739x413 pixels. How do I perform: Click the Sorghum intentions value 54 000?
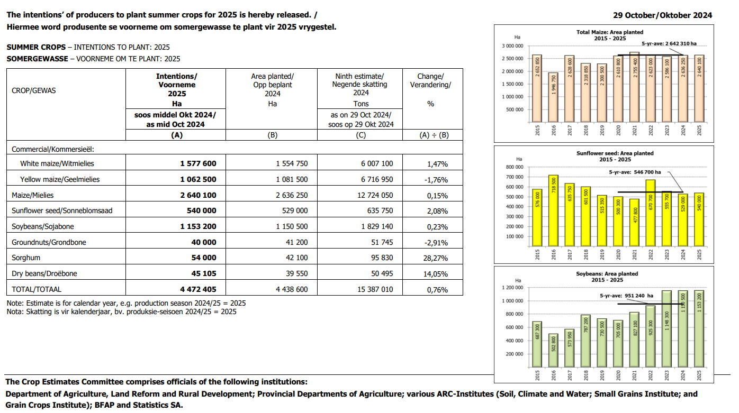tap(204, 258)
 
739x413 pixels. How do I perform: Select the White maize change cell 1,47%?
tap(437, 164)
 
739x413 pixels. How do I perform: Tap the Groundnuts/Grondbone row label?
tap(49, 242)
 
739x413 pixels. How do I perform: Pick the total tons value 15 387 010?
tap(375, 289)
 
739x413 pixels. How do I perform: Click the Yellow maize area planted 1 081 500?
tap(292, 179)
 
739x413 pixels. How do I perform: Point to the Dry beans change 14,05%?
tap(436, 274)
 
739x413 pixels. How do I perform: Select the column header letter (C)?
tap(361, 135)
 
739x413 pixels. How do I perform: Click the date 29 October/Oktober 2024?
tap(662, 15)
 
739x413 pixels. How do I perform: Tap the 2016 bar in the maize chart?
tap(553, 97)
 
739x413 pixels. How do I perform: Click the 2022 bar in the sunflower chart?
tap(650, 213)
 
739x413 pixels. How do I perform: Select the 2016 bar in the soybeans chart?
tap(553, 351)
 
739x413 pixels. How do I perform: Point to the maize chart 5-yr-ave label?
tap(669, 43)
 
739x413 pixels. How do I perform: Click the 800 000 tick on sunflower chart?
tap(515, 167)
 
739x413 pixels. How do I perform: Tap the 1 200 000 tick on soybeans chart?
tap(512, 288)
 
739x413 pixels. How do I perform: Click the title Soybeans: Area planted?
tap(607, 273)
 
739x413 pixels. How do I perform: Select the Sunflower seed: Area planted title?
tap(615, 153)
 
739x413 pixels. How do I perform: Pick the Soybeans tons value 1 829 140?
tap(377, 226)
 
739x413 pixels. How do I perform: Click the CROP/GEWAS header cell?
tap(34, 90)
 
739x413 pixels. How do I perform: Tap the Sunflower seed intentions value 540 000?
tap(201, 210)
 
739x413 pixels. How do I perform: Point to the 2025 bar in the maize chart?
tap(699, 89)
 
